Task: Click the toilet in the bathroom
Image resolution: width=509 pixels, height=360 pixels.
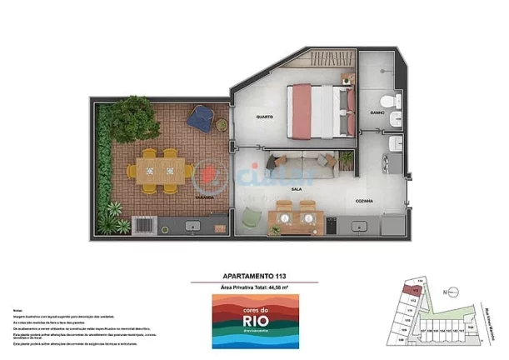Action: click(396, 103)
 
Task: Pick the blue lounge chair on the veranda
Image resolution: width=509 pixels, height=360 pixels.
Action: click(200, 117)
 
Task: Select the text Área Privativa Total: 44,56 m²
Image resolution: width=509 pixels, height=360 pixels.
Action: click(254, 287)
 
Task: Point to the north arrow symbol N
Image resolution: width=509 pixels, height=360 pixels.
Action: click(447, 292)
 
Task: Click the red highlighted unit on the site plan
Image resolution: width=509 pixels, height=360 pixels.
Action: click(409, 290)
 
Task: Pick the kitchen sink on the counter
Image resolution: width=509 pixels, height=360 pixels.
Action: click(361, 225)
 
